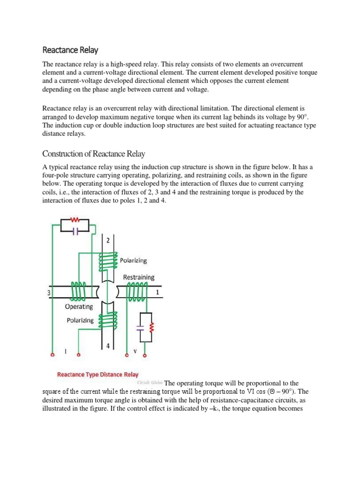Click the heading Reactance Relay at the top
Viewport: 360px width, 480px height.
[x=70, y=50]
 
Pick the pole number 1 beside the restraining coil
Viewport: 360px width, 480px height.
[x=157, y=292]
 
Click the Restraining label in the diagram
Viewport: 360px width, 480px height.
[x=139, y=277]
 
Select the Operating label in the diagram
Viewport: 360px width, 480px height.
[x=79, y=307]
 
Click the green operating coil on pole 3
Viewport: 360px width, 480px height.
[x=79, y=291]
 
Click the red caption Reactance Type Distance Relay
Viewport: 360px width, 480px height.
[x=98, y=375]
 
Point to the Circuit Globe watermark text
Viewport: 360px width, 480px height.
[x=150, y=382]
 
